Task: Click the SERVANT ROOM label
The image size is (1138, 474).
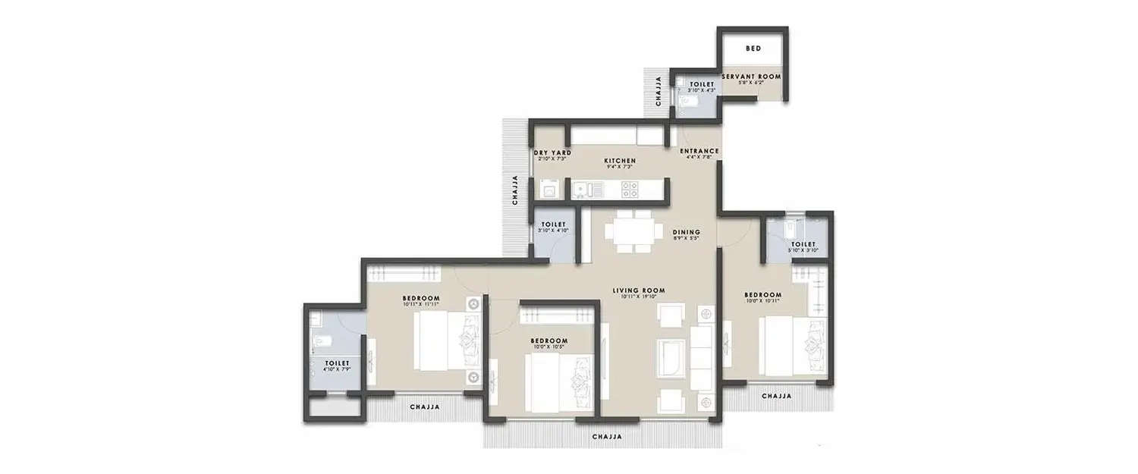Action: pyautogui.click(x=750, y=77)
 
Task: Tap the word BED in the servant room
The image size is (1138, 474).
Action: pyautogui.click(x=753, y=49)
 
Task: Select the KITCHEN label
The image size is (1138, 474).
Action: pyautogui.click(x=619, y=161)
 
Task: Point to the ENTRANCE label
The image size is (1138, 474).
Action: pyautogui.click(x=699, y=151)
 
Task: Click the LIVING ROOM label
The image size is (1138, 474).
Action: pyautogui.click(x=639, y=290)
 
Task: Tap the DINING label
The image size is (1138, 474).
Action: pyautogui.click(x=685, y=232)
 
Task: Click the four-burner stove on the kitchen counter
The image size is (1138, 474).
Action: pyautogui.click(x=628, y=187)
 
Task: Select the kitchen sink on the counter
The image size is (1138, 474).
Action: pyautogui.click(x=583, y=188)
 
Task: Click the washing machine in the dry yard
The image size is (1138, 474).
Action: pyautogui.click(x=548, y=188)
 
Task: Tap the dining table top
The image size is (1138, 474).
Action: pyautogui.click(x=632, y=231)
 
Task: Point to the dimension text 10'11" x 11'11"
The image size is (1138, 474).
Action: pyautogui.click(x=421, y=304)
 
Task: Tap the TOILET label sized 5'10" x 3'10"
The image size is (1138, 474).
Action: pyautogui.click(x=803, y=244)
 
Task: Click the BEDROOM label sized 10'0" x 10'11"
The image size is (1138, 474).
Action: pyautogui.click(x=762, y=294)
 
